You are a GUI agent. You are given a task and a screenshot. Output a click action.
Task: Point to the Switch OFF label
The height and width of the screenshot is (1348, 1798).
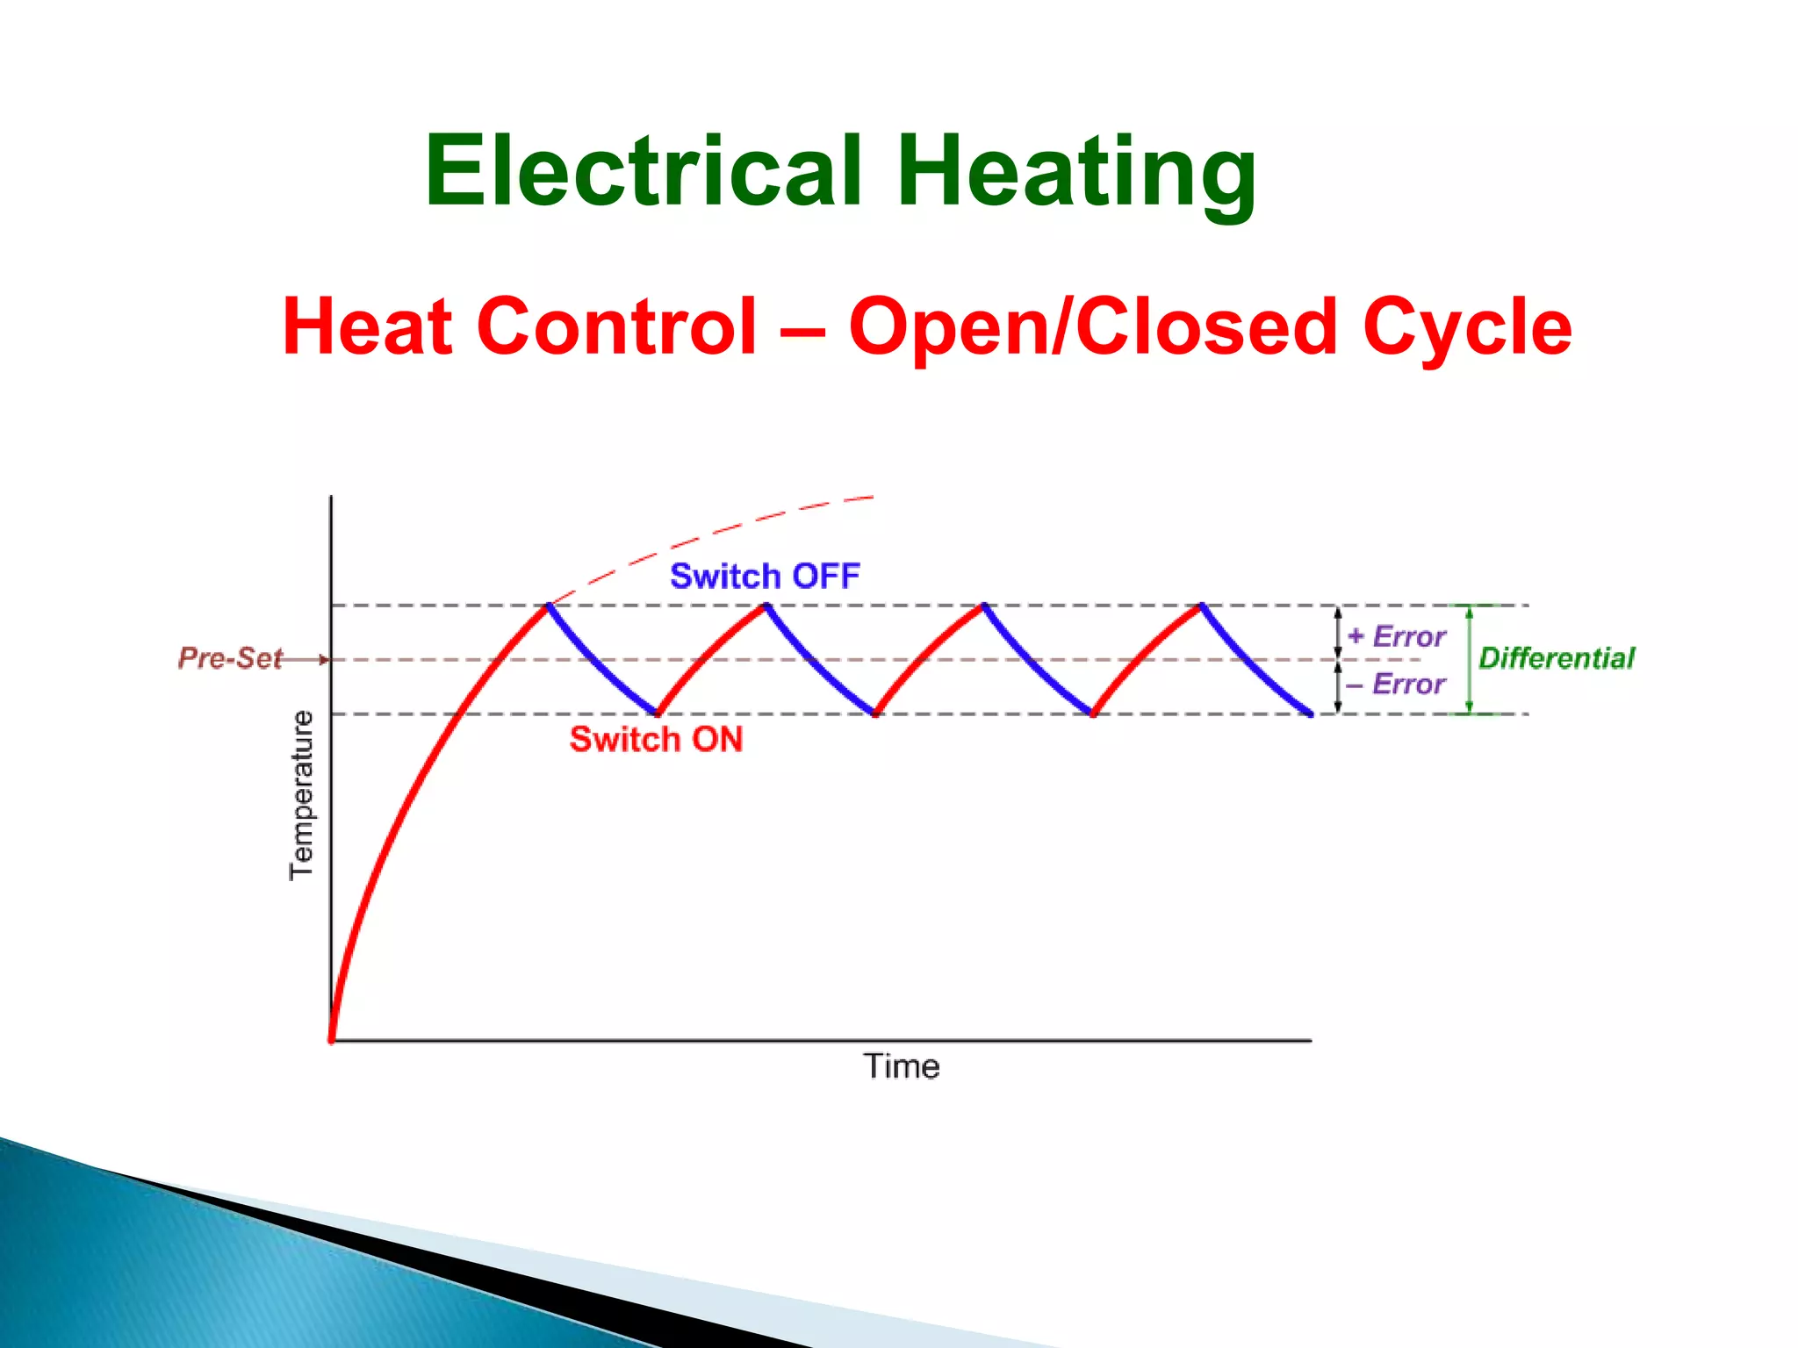[764, 577]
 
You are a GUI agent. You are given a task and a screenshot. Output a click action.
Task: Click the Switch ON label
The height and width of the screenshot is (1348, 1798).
[656, 739]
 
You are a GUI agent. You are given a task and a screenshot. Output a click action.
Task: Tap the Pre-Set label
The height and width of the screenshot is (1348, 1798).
[230, 658]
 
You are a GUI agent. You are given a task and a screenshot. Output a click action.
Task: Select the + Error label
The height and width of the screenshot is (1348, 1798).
[1396, 636]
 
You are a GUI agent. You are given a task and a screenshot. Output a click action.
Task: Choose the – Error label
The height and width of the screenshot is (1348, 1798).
[1396, 684]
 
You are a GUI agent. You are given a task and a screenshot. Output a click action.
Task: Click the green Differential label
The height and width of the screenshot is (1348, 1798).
[1556, 658]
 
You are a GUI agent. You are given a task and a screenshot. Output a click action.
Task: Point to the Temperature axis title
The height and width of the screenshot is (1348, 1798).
[301, 794]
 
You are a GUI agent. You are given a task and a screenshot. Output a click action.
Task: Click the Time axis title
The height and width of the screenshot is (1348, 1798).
[902, 1066]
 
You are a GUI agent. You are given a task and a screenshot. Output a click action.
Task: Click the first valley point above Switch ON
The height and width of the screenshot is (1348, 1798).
[658, 713]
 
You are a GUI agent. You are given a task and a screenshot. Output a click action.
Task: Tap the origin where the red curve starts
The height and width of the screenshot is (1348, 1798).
[332, 1040]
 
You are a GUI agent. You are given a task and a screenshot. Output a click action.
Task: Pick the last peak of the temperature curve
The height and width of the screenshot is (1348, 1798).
[1201, 605]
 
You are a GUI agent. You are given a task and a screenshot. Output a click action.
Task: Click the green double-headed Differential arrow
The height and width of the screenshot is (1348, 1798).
[1470, 659]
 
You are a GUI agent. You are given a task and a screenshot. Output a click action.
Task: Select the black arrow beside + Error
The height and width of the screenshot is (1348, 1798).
[1338, 633]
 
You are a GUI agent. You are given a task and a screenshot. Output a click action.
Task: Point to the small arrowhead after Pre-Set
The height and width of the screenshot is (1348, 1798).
[324, 659]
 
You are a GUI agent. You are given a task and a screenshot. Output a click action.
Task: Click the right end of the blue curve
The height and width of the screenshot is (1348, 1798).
[1310, 714]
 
